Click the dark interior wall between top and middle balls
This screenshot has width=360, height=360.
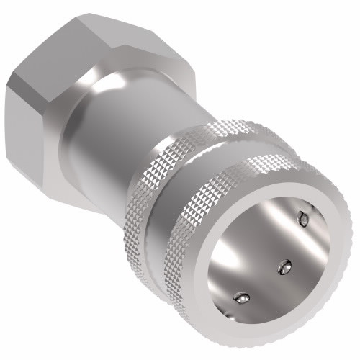pyautogui.click(x=295, y=241)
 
